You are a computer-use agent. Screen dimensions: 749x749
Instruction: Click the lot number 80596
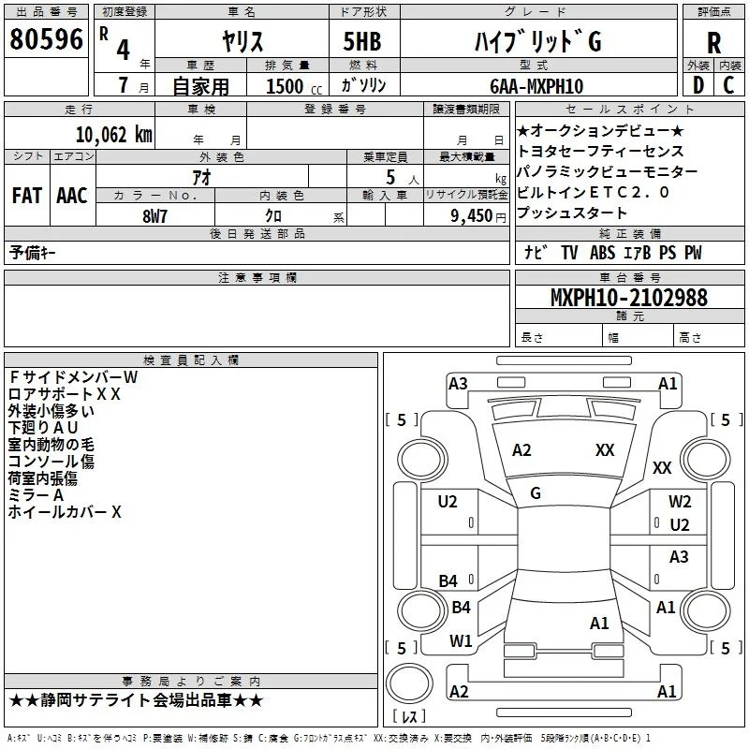(46, 38)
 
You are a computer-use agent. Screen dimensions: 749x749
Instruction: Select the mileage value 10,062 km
(113, 135)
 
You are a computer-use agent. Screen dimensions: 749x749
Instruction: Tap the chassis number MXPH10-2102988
(628, 297)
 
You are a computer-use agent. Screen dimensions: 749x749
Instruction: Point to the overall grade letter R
(713, 42)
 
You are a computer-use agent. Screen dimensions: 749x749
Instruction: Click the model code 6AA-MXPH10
(536, 86)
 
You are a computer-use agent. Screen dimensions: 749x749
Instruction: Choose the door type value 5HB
(362, 41)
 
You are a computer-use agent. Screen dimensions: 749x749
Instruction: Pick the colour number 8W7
(154, 216)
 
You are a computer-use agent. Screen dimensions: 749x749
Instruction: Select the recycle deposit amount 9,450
(472, 216)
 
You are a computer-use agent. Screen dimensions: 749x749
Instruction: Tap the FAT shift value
(27, 196)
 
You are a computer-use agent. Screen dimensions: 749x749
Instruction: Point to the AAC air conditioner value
(72, 196)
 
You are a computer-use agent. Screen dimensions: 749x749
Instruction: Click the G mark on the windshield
(536, 493)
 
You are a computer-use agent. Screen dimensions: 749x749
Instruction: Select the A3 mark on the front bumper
(458, 384)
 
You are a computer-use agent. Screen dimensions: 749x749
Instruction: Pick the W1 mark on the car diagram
(461, 641)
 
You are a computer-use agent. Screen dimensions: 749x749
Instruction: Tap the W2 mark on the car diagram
(680, 502)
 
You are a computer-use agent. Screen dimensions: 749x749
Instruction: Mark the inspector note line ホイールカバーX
(65, 512)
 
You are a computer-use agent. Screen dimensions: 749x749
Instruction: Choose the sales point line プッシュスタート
(572, 213)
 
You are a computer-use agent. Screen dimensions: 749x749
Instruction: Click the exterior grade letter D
(698, 85)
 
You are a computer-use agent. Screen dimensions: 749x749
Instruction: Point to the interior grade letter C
(728, 85)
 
